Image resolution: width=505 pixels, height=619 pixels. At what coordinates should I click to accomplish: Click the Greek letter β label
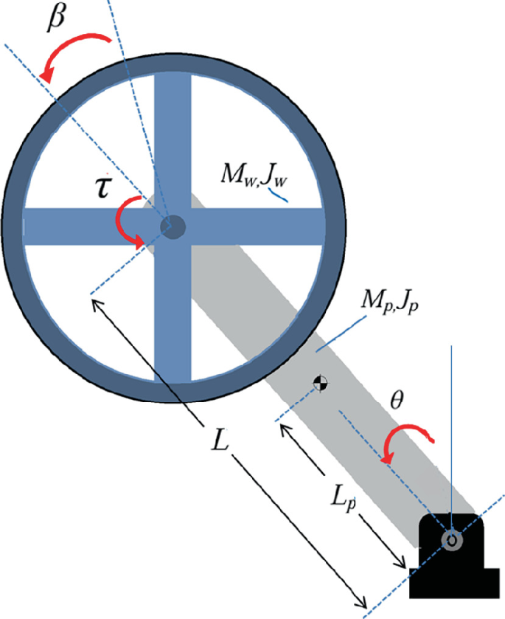click(55, 20)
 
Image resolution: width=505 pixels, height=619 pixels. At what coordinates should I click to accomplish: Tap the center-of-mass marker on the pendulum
click(320, 382)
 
